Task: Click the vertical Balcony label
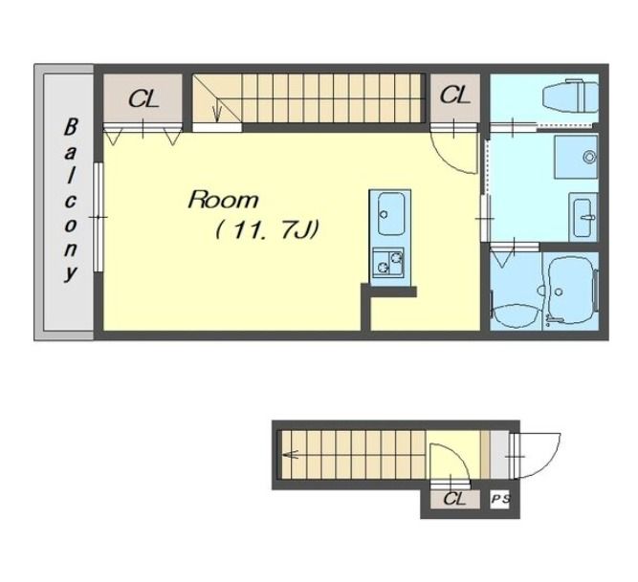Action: [70, 200]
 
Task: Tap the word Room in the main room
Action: [223, 201]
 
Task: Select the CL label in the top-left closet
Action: [143, 98]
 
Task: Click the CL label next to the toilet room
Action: [455, 96]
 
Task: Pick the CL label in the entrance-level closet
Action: [454, 499]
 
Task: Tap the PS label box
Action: [500, 499]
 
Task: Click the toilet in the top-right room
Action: [570, 97]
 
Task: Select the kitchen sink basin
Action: [390, 213]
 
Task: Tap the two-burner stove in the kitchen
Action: [388, 263]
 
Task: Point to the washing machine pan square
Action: [575, 157]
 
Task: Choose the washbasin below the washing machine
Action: [583, 218]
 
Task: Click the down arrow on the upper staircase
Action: [217, 111]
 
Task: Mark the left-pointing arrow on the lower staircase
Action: [291, 454]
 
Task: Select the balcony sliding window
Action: [99, 217]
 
